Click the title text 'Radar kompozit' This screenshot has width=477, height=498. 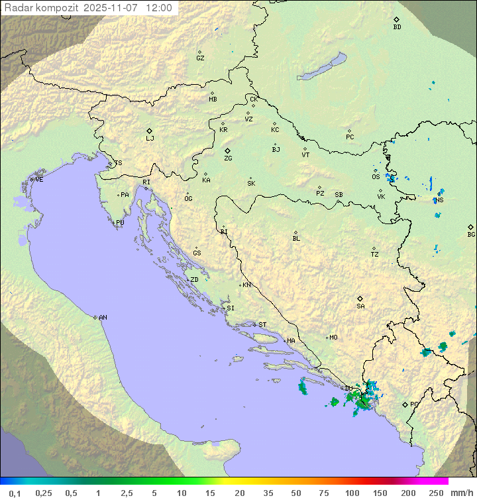point(42,9)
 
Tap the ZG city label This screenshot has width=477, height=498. point(228,158)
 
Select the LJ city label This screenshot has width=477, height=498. point(150,139)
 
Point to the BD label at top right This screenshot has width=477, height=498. point(397,27)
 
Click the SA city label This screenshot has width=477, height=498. point(360,306)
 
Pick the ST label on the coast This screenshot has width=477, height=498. point(262,325)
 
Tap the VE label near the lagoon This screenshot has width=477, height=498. point(39,180)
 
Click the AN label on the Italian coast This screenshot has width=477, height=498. point(103,318)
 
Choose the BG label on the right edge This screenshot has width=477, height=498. point(471,235)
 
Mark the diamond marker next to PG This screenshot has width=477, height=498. point(405,404)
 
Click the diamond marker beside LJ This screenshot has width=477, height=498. point(150,131)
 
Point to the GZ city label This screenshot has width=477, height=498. point(200,58)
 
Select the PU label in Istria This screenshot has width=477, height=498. point(120,223)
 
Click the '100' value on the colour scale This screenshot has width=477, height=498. point(352,493)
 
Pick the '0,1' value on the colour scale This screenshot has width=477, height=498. point(15,493)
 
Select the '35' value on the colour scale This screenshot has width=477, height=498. point(267,493)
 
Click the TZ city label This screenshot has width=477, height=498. point(375,254)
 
